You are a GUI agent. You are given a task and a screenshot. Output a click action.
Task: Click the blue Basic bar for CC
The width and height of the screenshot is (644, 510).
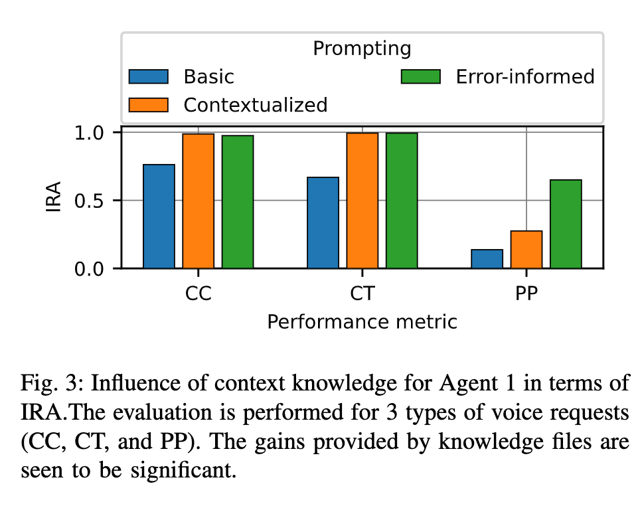click(159, 216)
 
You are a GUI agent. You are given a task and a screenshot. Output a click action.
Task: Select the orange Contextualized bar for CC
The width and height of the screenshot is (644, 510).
click(199, 201)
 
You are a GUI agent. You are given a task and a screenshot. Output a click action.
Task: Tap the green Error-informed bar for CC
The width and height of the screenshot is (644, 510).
click(238, 202)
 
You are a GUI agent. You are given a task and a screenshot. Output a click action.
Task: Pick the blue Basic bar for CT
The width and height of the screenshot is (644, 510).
click(323, 223)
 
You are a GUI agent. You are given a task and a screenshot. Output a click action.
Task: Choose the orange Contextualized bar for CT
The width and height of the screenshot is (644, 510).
click(362, 201)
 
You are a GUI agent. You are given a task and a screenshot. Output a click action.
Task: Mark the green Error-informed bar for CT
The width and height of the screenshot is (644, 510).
click(402, 201)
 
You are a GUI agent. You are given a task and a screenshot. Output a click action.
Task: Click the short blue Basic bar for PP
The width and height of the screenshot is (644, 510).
click(487, 259)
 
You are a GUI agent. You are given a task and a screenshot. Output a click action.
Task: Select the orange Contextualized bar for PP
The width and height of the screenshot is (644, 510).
click(526, 250)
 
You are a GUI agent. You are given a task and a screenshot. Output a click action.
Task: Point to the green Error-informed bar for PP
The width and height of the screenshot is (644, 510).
click(566, 224)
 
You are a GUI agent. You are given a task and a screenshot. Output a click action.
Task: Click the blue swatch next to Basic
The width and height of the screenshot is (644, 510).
click(149, 76)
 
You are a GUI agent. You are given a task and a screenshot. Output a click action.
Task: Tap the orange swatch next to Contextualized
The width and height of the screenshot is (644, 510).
click(149, 105)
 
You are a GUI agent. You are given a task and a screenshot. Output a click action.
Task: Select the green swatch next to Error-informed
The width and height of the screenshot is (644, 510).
click(421, 76)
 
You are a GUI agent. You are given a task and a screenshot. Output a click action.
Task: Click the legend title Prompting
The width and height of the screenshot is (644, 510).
click(362, 48)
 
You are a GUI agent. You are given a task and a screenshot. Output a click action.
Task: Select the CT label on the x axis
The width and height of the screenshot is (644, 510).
click(362, 293)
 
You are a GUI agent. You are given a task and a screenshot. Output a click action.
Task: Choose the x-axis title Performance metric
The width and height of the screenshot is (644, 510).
click(362, 322)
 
